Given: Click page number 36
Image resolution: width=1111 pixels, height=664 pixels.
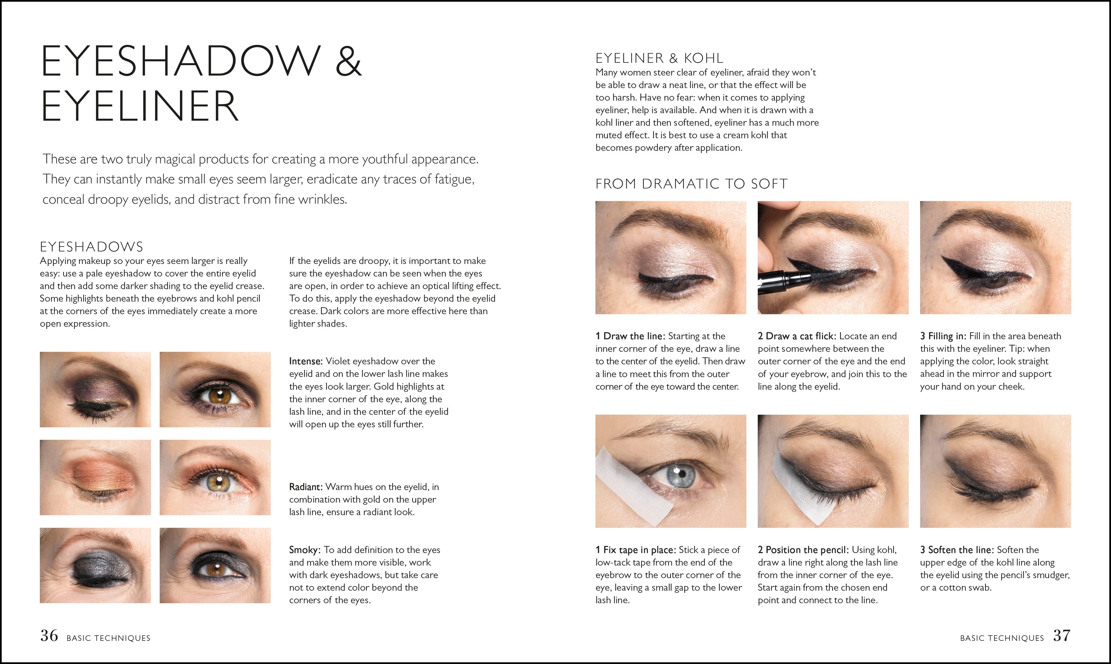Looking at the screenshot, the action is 49,636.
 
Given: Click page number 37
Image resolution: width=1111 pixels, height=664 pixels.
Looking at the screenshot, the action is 1062,636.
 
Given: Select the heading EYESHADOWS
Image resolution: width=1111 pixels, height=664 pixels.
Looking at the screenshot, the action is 92,247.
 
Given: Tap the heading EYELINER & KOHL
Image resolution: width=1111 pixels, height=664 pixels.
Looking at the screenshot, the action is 659,58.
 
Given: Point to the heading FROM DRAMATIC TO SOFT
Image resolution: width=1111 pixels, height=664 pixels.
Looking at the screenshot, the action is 691,184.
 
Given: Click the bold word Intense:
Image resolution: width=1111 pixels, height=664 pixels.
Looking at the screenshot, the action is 306,361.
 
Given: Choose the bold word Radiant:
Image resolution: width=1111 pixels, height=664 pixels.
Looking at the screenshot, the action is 306,487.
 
